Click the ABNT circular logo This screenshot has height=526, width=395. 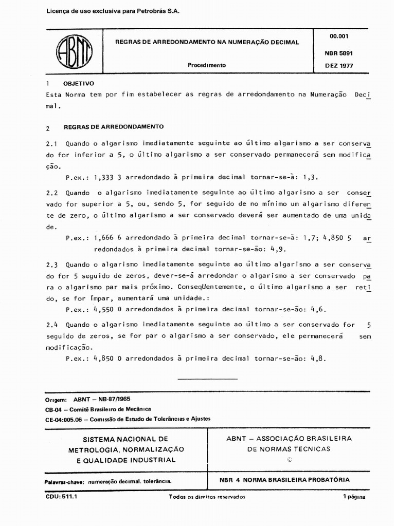click(74, 53)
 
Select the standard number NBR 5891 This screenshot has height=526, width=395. click(338, 53)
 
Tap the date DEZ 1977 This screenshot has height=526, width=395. click(339, 65)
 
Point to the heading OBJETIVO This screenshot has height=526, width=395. click(78, 83)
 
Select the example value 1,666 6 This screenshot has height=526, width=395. click(108, 238)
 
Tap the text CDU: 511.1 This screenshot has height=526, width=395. click(58, 497)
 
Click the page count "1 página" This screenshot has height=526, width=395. click(354, 497)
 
